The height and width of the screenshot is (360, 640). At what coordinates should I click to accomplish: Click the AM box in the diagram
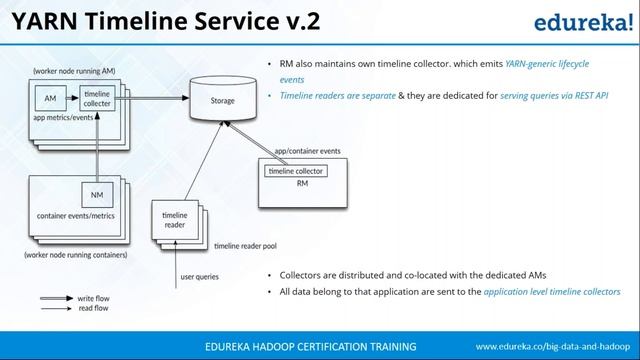tap(50, 98)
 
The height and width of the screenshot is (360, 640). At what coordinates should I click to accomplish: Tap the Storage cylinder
tap(222, 101)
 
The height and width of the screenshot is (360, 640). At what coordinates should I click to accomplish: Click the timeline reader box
tap(174, 220)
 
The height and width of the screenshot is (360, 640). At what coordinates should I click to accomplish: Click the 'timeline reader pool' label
tap(246, 245)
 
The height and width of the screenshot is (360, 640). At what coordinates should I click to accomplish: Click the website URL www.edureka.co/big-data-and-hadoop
tap(552, 346)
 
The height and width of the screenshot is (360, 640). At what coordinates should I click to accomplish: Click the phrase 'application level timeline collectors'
tap(552, 291)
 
